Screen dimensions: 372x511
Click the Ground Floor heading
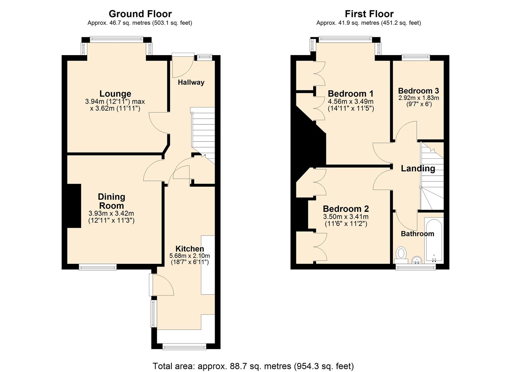140,14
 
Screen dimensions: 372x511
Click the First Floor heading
369,14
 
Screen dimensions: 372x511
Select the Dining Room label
111,201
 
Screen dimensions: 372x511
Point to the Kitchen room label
190,249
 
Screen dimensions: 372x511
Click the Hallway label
191,82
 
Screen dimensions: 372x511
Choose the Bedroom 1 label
351,94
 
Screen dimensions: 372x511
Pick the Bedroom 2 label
346,209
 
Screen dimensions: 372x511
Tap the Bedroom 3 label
418,91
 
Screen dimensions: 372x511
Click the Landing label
418,168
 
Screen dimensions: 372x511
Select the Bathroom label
417,234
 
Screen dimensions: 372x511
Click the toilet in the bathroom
401,254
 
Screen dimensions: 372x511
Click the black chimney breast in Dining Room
74,206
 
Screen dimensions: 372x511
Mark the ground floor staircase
203,134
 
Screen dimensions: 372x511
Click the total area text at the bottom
253,366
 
